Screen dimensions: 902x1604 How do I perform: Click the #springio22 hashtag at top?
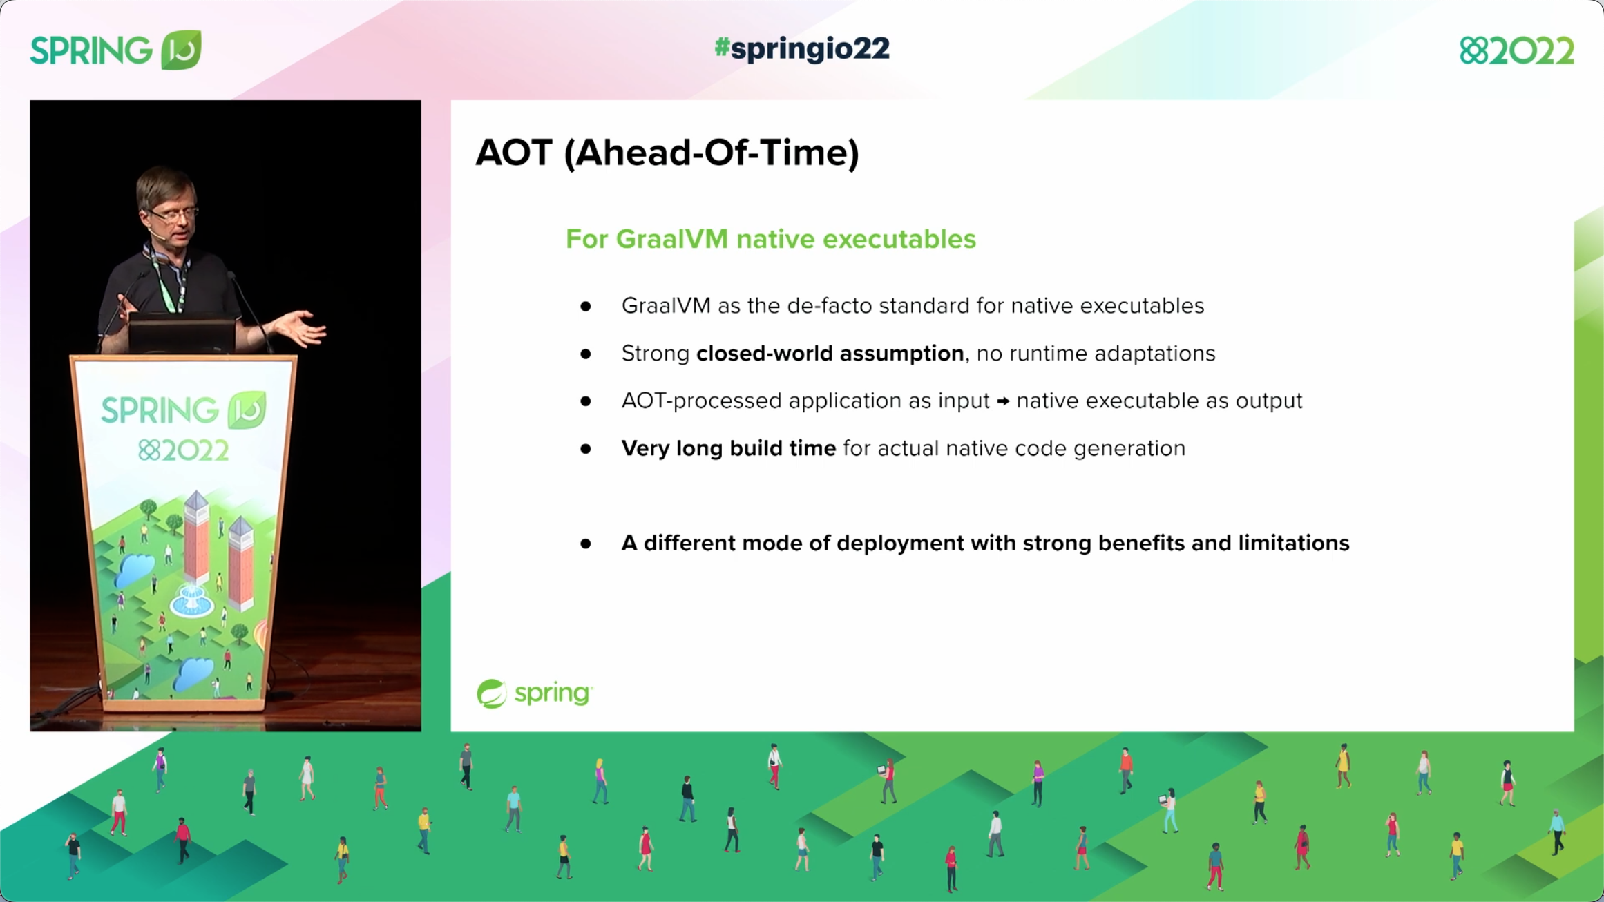click(x=801, y=48)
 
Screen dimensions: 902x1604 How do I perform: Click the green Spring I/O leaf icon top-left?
click(x=181, y=50)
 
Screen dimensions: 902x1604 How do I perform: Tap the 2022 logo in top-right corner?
click(x=1516, y=50)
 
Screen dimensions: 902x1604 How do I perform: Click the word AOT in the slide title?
click(x=514, y=153)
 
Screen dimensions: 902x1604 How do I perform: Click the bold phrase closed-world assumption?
click(x=830, y=354)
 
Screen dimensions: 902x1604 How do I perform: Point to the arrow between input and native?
click(x=1003, y=401)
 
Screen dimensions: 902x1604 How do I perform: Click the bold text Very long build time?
click(x=728, y=448)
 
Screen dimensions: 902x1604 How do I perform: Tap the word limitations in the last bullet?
click(x=1293, y=544)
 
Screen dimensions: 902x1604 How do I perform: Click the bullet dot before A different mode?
click(x=586, y=544)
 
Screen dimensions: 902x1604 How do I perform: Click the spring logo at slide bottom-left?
click(x=534, y=693)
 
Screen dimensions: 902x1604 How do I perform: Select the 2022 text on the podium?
click(x=183, y=451)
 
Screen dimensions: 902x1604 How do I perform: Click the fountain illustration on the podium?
click(x=191, y=599)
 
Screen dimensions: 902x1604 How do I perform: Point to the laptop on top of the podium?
click(x=181, y=335)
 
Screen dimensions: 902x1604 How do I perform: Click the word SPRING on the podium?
click(x=160, y=410)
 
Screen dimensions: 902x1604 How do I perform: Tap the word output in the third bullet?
click(x=1268, y=401)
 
